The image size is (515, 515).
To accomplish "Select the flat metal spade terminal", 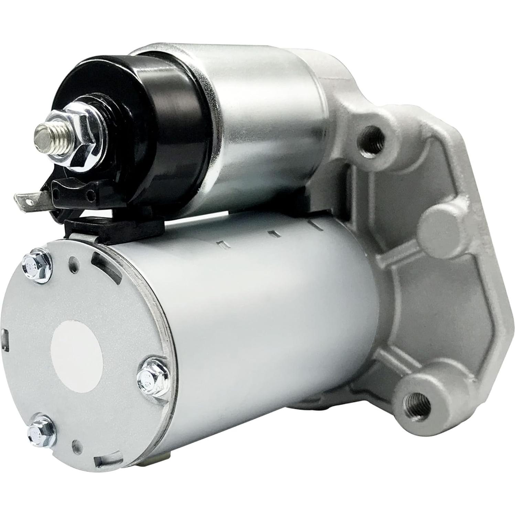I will click(29, 199).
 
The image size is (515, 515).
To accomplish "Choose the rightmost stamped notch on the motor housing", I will click(314, 224).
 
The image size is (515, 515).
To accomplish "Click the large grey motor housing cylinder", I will click(268, 327).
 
